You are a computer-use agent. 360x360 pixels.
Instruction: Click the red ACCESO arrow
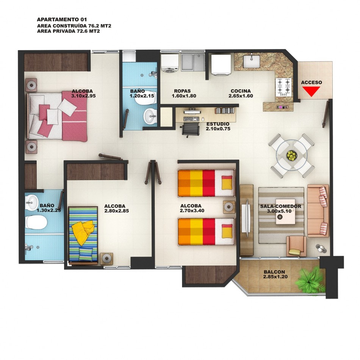pos(311,91)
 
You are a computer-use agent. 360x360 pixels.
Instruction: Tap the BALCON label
pos(274,272)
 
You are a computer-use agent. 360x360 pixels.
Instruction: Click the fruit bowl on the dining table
pos(291,155)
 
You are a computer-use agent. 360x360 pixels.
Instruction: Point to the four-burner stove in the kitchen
pos(284,87)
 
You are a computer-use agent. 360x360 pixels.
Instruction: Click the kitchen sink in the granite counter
pos(251,61)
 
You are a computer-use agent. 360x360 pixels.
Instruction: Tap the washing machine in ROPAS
pos(170,63)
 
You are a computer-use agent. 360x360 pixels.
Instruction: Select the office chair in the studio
pos(190,129)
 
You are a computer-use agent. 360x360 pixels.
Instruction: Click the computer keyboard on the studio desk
pos(191,119)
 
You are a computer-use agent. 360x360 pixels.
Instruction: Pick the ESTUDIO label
pos(218,124)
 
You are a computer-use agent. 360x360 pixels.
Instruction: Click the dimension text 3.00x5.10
pos(279,211)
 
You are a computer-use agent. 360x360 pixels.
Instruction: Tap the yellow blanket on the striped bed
pos(83,232)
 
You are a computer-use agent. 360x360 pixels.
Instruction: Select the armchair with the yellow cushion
pos(296,246)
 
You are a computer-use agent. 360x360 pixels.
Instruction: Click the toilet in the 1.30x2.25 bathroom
pos(36,222)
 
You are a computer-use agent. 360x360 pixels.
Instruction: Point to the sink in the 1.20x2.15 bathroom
pos(150,116)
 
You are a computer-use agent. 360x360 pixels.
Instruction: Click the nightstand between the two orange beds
pos(229,207)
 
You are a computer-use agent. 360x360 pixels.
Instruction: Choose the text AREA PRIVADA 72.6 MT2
pos(69,31)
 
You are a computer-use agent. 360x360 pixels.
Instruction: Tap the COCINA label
pos(241,91)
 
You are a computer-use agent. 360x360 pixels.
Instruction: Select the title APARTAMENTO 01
pos(62,19)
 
